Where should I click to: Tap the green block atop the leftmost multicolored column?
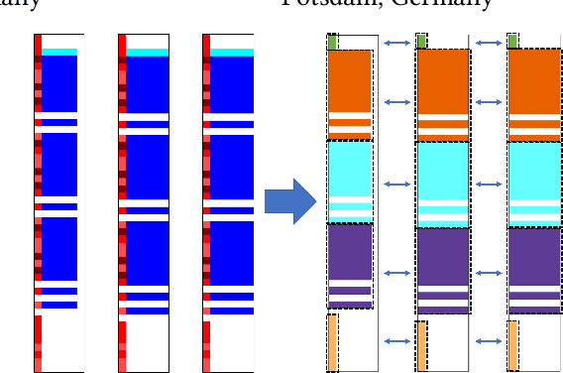[x=332, y=41]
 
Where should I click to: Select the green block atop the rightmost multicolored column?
[x=512, y=41]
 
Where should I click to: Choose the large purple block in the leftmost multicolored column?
[x=349, y=253]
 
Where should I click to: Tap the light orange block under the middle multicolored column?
[x=421, y=346]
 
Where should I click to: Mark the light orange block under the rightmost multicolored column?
[x=512, y=344]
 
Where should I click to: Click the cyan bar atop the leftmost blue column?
[x=59, y=52]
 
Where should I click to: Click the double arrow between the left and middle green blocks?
[x=396, y=42]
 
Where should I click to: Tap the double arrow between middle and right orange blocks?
[x=488, y=101]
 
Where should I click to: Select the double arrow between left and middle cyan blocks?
[x=396, y=185]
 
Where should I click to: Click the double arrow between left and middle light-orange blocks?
[x=396, y=341]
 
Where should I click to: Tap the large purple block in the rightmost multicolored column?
[x=532, y=256]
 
